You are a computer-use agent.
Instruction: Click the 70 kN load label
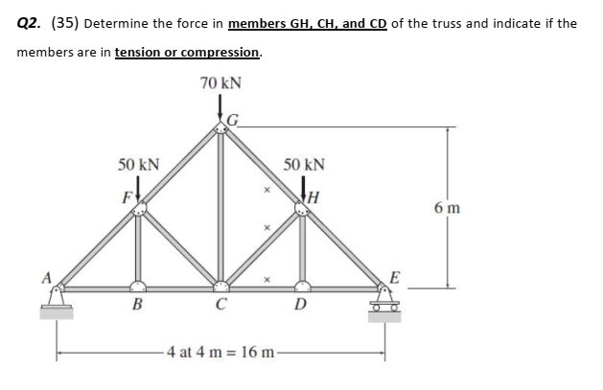click(220, 83)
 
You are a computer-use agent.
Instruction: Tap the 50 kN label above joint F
click(139, 165)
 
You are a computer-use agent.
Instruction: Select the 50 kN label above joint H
click(305, 164)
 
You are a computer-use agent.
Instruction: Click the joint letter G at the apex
click(231, 121)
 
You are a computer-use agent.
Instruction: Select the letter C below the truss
click(221, 308)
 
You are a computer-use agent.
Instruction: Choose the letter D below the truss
click(302, 308)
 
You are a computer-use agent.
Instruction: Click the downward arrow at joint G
click(221, 108)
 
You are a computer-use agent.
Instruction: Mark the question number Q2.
click(30, 23)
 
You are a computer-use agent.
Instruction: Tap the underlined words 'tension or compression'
click(187, 52)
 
